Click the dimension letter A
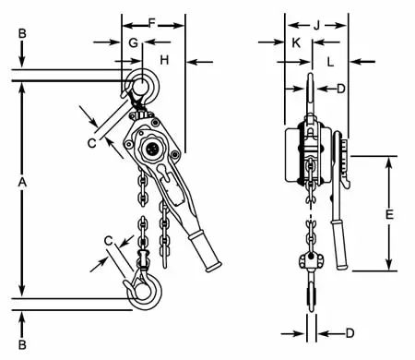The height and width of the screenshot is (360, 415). pyautogui.click(x=22, y=182)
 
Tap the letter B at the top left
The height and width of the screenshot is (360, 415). pyautogui.click(x=22, y=33)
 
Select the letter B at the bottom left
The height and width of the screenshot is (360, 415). pyautogui.click(x=22, y=344)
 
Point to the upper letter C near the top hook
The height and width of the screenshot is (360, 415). pyautogui.click(x=91, y=143)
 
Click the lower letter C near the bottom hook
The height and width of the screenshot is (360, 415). pyautogui.click(x=108, y=241)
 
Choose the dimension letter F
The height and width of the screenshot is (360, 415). pyautogui.click(x=152, y=23)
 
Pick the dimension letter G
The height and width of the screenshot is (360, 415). pyautogui.click(x=133, y=42)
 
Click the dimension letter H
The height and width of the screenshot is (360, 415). pyautogui.click(x=164, y=60)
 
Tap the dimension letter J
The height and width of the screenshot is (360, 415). pyautogui.click(x=316, y=26)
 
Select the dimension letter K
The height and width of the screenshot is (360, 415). pyautogui.click(x=296, y=43)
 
